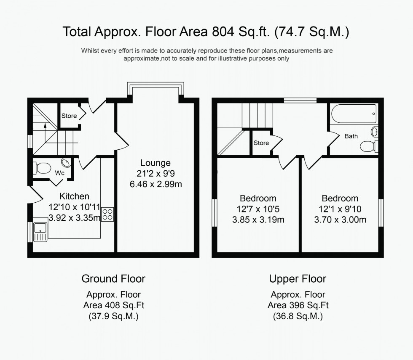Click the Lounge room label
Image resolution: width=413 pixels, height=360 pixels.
pos(156,163)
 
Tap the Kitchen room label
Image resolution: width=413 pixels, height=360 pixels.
pos(74,196)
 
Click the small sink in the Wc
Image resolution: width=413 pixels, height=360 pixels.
pos(66,162)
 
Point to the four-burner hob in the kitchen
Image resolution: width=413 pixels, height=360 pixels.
pos(107,214)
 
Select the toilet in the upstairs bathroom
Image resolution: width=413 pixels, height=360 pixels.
pos(368,146)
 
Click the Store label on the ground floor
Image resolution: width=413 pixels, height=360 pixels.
pos(69,116)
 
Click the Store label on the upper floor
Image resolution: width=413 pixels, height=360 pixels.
pos(261,143)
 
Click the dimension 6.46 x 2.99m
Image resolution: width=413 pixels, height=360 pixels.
pos(156,184)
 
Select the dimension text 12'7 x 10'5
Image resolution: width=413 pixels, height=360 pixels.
pos(258,209)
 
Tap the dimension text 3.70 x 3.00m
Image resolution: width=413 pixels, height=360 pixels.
pos(340,219)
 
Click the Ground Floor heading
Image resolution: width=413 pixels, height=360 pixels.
pos(113,278)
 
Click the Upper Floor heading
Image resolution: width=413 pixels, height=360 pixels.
pos(298,278)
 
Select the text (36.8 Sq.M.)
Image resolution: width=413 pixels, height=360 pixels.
pos(298,316)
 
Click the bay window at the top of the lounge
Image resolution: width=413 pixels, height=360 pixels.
pos(156,89)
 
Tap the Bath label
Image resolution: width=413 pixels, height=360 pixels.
pos(351,136)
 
